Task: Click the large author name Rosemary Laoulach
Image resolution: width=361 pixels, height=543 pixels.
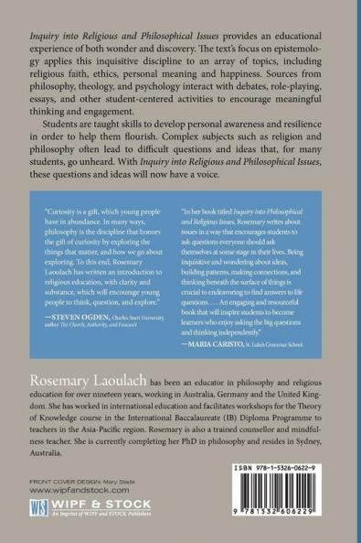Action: tap(81, 405)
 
